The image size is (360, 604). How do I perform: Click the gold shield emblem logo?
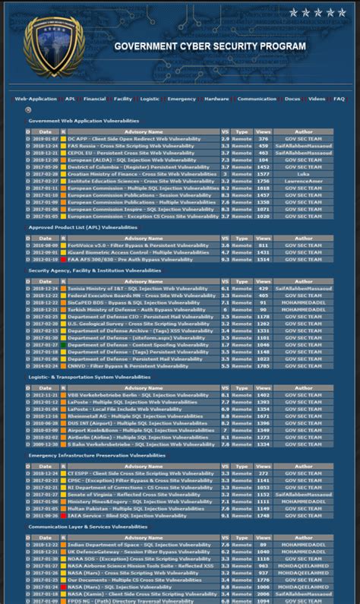[52, 46]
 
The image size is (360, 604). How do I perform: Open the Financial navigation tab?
[95, 99]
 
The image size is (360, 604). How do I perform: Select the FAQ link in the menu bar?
[339, 99]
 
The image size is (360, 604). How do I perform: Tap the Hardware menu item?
[216, 99]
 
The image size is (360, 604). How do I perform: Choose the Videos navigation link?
[317, 99]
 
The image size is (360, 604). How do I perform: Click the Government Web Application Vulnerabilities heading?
[84, 121]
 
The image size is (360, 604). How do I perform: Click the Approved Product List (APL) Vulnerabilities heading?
[84, 227]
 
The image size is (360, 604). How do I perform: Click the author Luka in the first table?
[303, 174]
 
